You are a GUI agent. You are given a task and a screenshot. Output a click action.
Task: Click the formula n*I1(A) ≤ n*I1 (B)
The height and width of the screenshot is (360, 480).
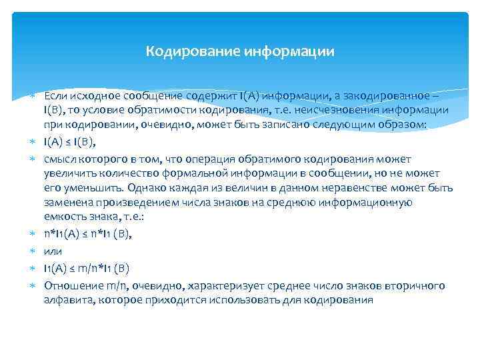pyautogui.click(x=88, y=233)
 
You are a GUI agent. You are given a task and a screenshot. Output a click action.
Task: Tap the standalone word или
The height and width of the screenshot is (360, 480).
pyautogui.click(x=53, y=251)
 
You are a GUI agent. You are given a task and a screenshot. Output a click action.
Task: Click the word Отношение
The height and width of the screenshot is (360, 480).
pyautogui.click(x=71, y=286)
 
